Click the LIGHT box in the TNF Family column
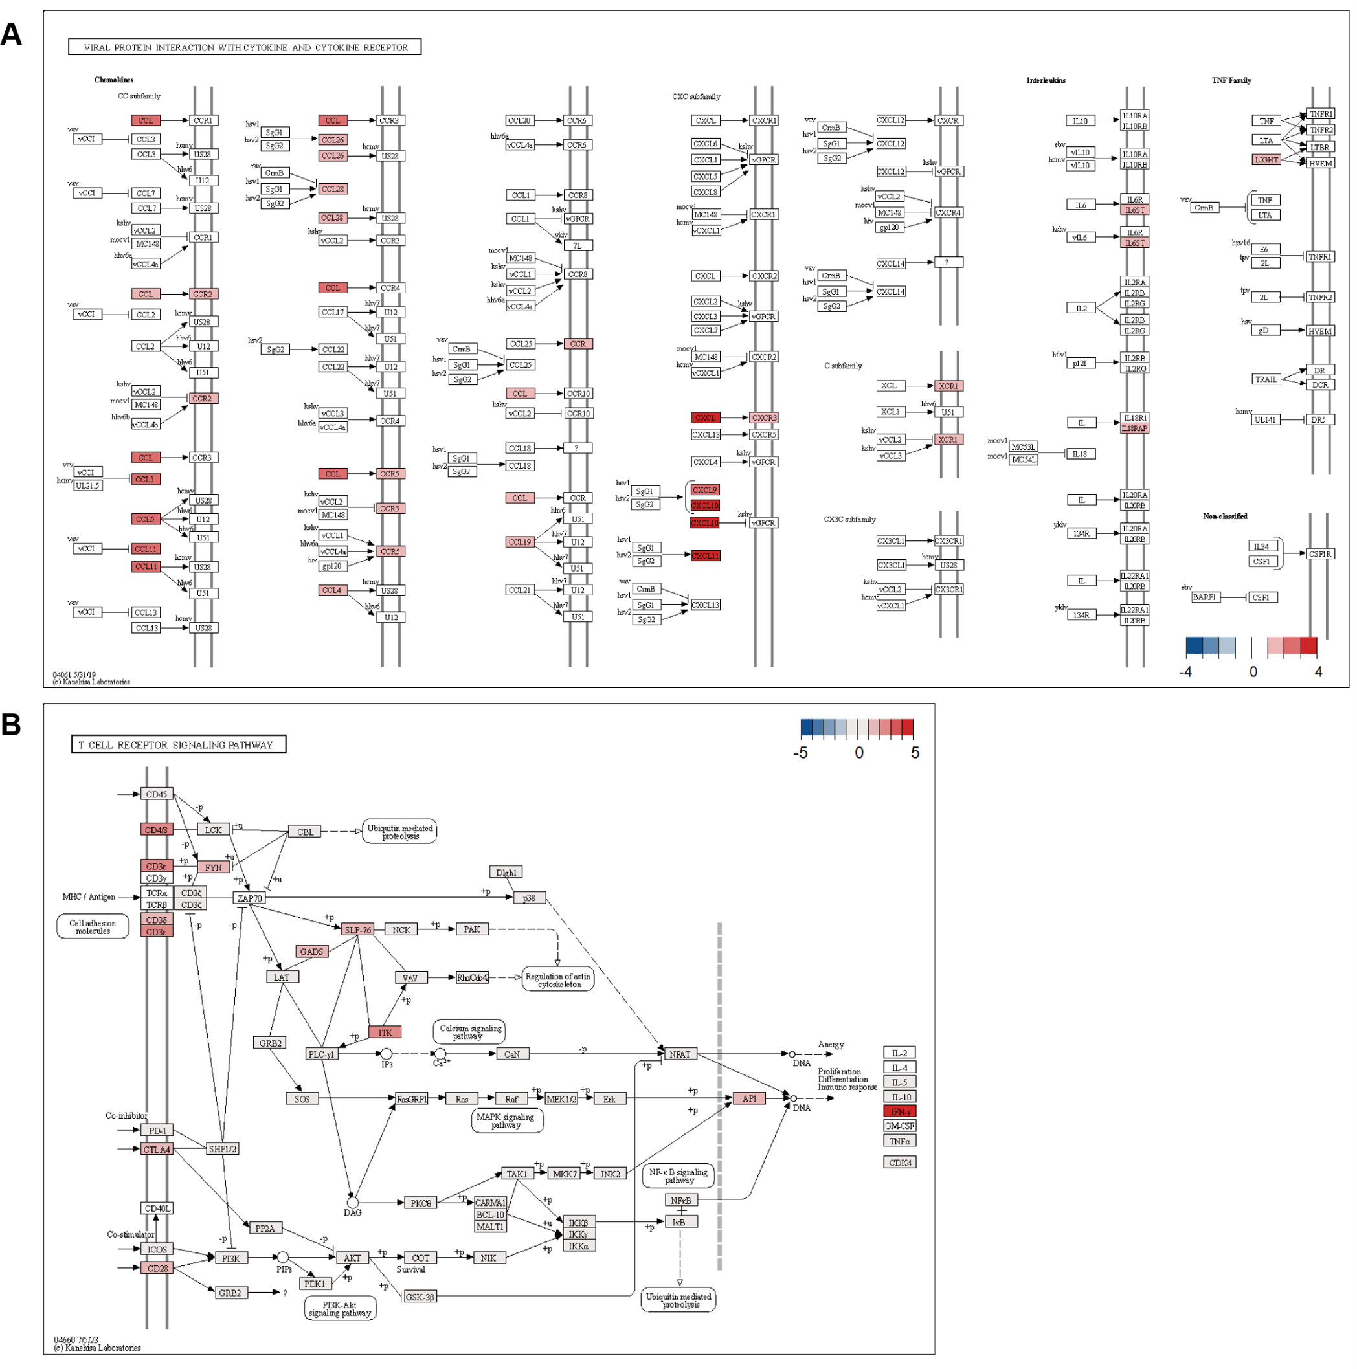(x=1266, y=159)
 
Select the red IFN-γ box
(x=900, y=1111)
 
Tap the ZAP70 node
(x=249, y=898)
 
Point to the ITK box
(x=385, y=1032)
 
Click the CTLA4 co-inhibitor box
(x=157, y=1150)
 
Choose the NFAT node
(x=680, y=1054)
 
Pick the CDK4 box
(x=900, y=1163)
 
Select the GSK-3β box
(x=420, y=1297)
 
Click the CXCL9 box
(x=704, y=489)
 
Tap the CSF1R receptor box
(x=1319, y=554)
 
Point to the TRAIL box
(x=1266, y=379)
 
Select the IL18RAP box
(x=1134, y=429)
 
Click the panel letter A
(x=12, y=34)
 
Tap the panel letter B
(x=12, y=724)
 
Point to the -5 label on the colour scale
(x=800, y=753)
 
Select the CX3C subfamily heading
(x=849, y=519)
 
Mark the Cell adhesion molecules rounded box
(x=93, y=927)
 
